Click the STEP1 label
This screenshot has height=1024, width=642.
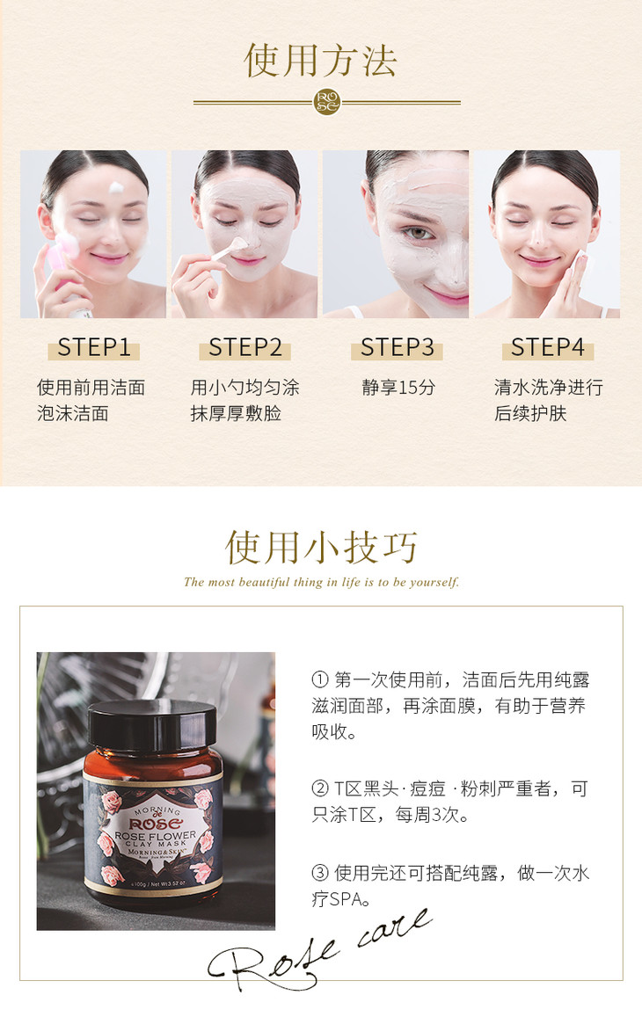(94, 347)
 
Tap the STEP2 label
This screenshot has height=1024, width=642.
(244, 347)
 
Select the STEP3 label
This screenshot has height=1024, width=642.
(398, 347)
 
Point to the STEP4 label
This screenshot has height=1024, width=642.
(547, 347)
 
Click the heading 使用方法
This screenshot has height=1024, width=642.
(321, 61)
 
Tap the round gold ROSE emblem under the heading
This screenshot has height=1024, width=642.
(327, 102)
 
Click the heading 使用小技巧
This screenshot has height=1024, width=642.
(321, 547)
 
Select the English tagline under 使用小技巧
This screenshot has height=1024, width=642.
(321, 582)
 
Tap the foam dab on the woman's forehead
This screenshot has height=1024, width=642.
(116, 188)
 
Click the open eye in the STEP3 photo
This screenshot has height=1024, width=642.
(418, 233)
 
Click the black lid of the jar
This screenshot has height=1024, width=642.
(152, 725)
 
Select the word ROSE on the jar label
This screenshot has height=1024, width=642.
(156, 824)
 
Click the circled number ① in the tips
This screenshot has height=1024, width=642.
(319, 680)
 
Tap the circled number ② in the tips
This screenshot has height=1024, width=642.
(319, 789)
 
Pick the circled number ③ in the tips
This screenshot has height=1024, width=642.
(319, 873)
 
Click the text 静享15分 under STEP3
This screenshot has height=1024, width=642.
(398, 388)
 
